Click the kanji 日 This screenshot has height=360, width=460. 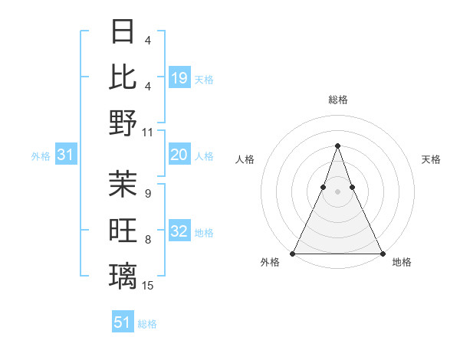[x=123, y=31]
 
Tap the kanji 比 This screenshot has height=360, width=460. [x=123, y=77]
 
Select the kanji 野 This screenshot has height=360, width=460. [x=123, y=123]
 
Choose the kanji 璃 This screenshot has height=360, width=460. [x=123, y=275]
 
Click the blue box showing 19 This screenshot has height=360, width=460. [x=179, y=77]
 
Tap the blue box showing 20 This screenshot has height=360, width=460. [x=179, y=155]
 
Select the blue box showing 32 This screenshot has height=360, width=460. [x=179, y=231]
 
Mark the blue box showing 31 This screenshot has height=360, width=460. [x=66, y=155]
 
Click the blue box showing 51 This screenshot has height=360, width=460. [x=123, y=322]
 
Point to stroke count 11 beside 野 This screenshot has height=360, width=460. [x=148, y=133]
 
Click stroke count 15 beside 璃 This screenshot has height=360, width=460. [x=148, y=285]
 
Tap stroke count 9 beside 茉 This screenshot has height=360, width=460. [x=147, y=193]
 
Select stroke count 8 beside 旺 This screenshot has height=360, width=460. [x=147, y=240]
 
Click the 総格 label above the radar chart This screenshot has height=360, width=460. [x=337, y=100]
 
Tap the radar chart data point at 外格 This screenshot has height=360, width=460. [x=293, y=254]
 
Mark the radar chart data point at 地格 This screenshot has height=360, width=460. [x=382, y=254]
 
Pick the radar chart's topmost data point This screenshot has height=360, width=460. [x=337, y=146]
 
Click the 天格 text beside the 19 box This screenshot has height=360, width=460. [x=204, y=79]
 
